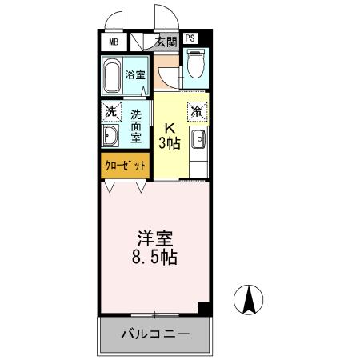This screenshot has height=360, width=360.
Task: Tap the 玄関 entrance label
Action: (166, 42)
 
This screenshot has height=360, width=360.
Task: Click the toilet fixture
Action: (194, 65)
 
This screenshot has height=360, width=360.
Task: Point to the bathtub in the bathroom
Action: (113, 77)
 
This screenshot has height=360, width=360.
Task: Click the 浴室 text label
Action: (136, 76)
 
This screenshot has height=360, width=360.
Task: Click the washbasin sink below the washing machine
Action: (110, 137)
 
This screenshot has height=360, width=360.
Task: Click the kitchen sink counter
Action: (197, 141)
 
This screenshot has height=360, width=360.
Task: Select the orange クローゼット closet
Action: (125, 166)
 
